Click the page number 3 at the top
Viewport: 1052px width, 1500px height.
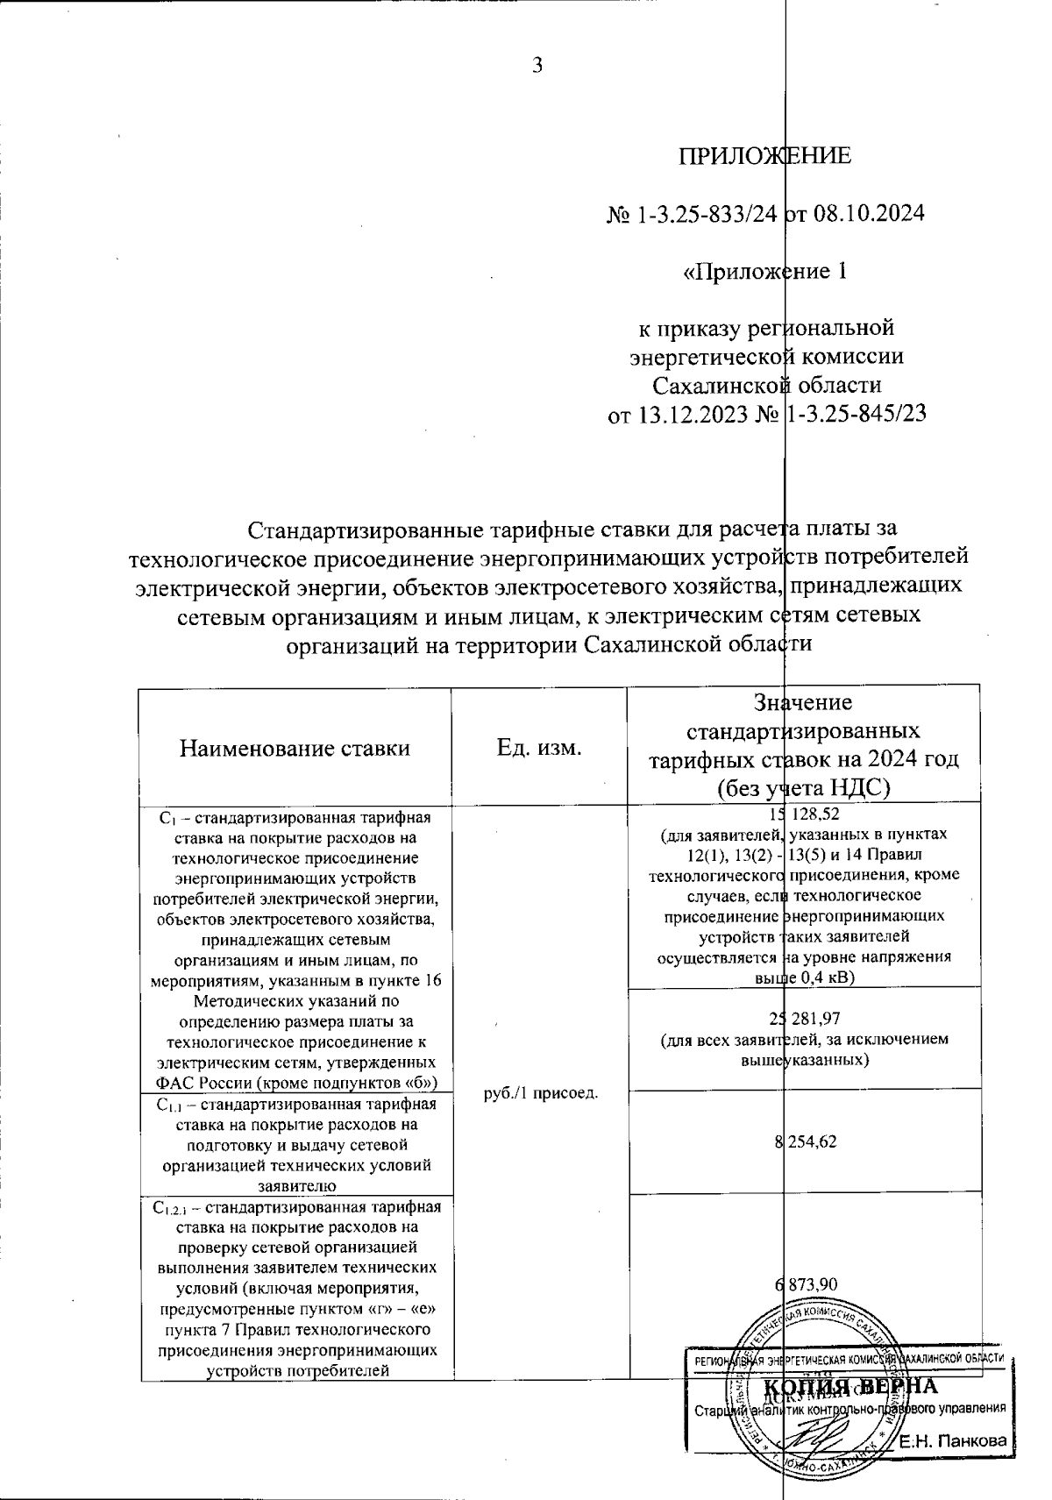point(537,64)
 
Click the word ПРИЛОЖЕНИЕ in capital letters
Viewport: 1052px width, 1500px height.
point(765,156)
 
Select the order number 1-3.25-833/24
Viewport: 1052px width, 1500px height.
point(705,214)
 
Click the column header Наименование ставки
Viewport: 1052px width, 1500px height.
point(295,748)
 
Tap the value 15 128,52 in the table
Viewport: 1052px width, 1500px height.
point(803,814)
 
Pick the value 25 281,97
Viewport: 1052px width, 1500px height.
point(803,1018)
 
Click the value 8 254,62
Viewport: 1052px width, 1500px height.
point(805,1141)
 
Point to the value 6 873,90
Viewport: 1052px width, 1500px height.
point(805,1284)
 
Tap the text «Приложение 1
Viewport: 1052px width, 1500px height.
point(765,271)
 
